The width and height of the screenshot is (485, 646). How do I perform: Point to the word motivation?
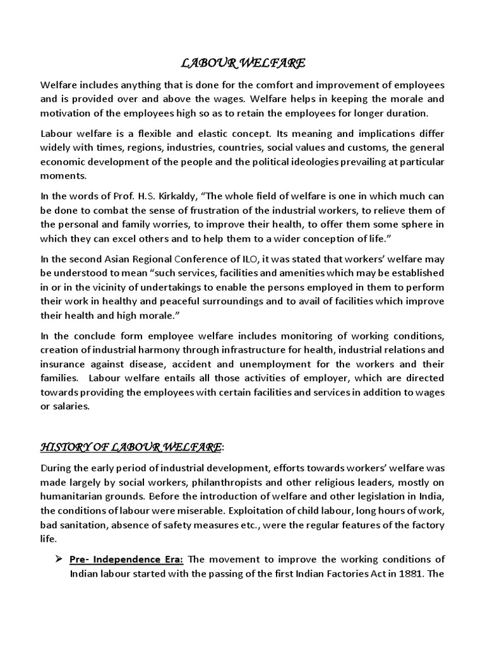coord(67,114)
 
